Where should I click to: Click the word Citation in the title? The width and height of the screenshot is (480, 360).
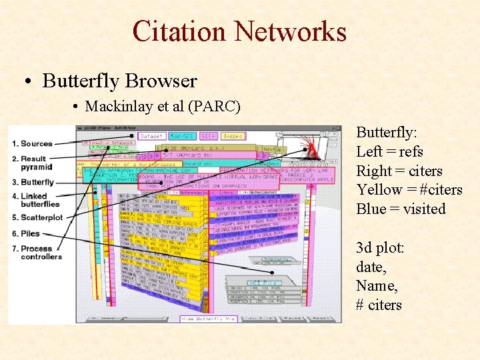179,31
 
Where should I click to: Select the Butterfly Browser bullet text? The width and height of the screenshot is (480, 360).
119,81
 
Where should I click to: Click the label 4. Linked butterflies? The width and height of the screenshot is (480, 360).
36,200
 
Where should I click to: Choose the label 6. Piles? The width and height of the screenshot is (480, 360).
26,233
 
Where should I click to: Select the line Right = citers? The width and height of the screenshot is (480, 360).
399,171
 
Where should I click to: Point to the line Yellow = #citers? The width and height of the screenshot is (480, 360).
409,190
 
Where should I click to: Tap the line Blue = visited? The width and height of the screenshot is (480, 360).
401,209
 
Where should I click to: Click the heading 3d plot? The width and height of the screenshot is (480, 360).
379,248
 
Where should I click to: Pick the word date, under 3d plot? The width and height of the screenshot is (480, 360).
371,267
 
